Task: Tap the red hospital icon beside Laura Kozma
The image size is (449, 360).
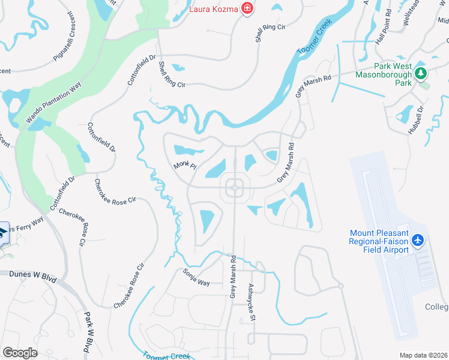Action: [x=246, y=8]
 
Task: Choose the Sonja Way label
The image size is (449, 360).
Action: [x=196, y=277]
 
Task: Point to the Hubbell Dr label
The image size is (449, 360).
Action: [x=415, y=119]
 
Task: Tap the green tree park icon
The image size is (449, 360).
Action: [x=421, y=74]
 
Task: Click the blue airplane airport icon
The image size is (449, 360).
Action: [x=418, y=241]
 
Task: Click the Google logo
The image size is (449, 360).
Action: [x=20, y=352]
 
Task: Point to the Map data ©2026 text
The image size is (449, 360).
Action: [x=423, y=355]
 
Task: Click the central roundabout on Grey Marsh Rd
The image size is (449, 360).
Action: [x=234, y=188]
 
